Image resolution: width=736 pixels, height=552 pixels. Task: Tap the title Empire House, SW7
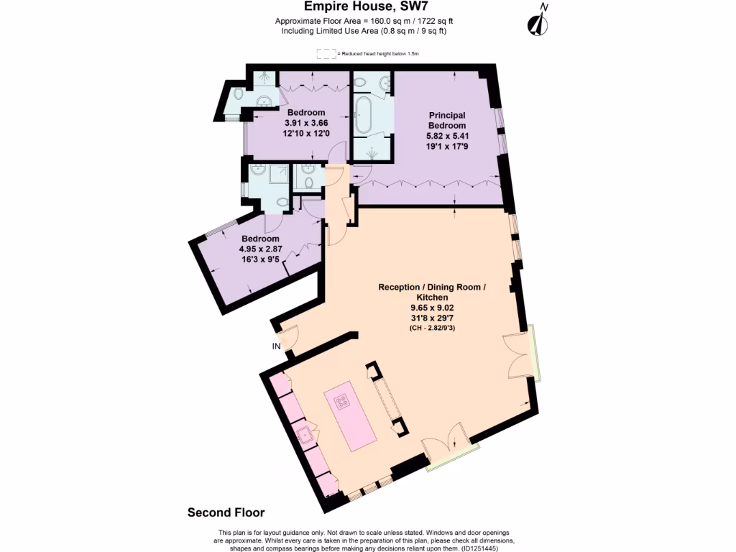pos(367,7)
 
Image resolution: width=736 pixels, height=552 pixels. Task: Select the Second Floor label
pos(226,512)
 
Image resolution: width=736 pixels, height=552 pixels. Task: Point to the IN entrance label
pos(276,346)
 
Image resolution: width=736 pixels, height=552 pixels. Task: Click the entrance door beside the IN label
pos(289,336)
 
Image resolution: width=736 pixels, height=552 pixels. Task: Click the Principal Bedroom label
pos(447,120)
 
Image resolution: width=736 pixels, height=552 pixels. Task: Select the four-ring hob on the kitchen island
pos(339,400)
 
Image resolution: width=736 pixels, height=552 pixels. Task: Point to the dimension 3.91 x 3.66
pos(307,123)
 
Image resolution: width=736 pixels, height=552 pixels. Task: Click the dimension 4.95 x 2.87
pos(260,249)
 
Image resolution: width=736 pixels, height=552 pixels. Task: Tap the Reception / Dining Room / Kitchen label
pos(432,292)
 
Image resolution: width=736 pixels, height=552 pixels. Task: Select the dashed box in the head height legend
pos(327,54)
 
